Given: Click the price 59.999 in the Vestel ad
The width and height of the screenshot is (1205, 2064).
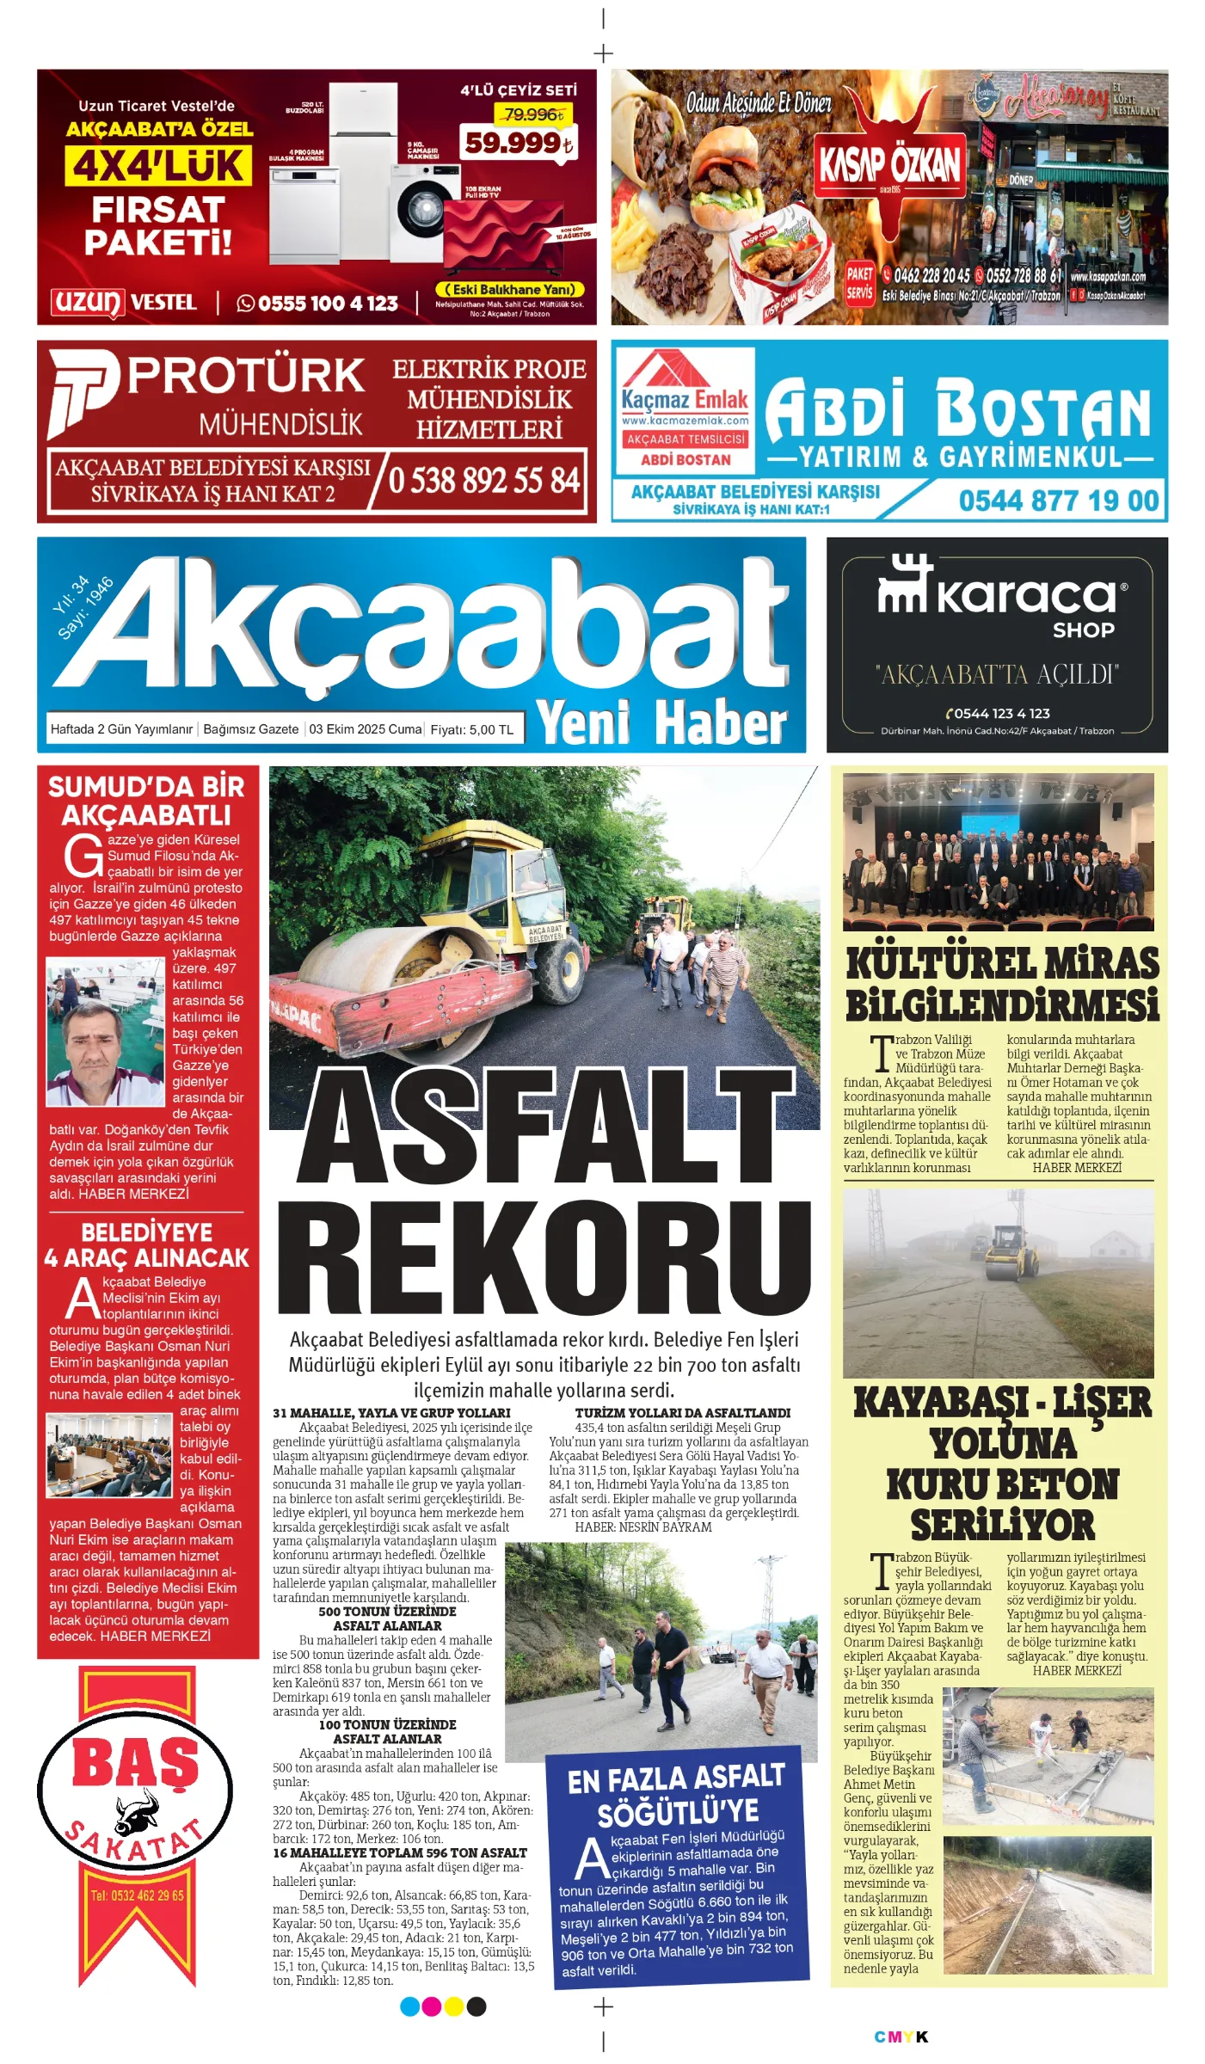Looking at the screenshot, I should pyautogui.click(x=517, y=143).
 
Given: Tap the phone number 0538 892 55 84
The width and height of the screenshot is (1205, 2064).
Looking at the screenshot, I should pyautogui.click(x=484, y=480).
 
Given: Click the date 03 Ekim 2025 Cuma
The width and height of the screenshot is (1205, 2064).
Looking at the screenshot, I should pyautogui.click(x=365, y=729).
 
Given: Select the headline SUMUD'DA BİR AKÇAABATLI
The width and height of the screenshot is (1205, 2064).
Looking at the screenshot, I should pyautogui.click(x=147, y=801).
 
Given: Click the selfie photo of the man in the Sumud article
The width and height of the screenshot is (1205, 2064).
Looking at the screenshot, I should pyautogui.click(x=106, y=1035).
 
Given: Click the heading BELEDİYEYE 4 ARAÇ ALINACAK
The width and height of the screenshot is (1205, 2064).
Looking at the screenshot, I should pyautogui.click(x=147, y=1244).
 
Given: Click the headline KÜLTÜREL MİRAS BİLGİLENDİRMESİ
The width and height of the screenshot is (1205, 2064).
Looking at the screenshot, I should pyautogui.click(x=1003, y=984).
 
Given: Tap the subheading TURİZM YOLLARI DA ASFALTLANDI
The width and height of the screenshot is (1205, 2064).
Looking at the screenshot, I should pyautogui.click(x=682, y=1413).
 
